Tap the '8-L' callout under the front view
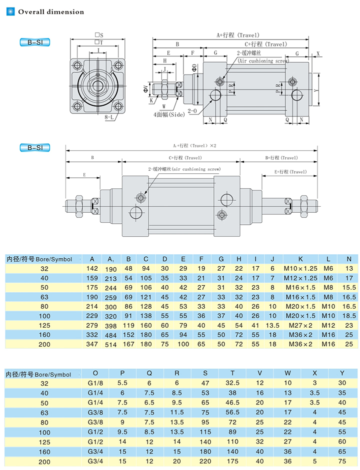coord(110,118)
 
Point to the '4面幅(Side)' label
coord(169,114)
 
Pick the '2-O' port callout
coord(193,110)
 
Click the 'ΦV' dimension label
coord(146,88)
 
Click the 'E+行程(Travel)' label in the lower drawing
coord(290,172)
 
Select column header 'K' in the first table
coord(300,259)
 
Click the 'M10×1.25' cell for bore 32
coord(300,268)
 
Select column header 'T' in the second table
coord(232,373)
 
